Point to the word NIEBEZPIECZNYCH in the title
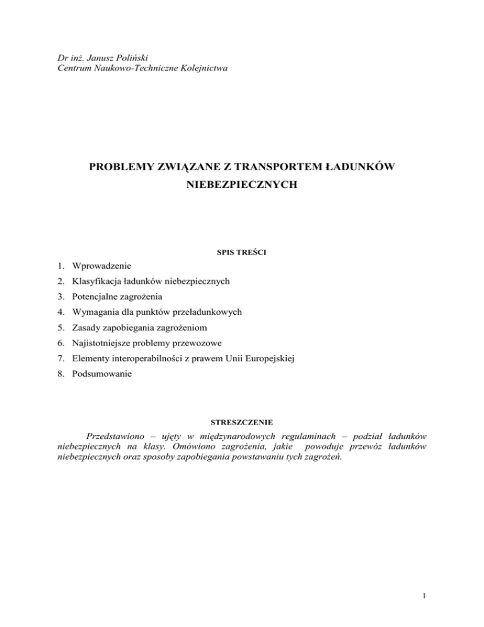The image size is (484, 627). [241, 188]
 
